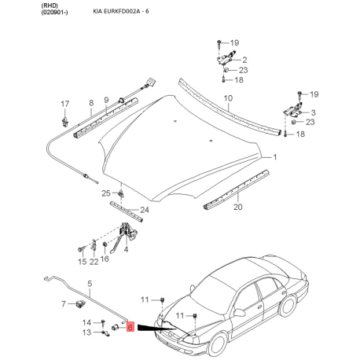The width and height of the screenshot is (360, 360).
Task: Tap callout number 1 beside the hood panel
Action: click(x=275, y=157)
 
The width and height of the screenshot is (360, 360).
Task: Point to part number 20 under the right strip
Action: click(x=237, y=208)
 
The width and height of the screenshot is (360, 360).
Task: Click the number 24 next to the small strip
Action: click(x=144, y=210)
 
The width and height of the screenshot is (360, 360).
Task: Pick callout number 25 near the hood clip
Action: click(x=105, y=193)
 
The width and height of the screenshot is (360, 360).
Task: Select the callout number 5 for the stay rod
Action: click(x=90, y=284)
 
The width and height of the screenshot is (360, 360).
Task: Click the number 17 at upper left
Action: click(x=65, y=103)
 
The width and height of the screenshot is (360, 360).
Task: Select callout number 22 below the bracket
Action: click(x=94, y=261)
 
